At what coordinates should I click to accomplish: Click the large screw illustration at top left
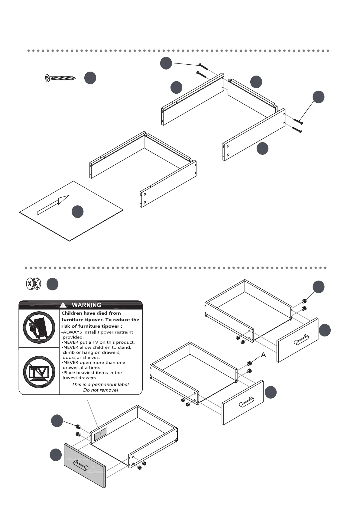pyautogui.click(x=60, y=78)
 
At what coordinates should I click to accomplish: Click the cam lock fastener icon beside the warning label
pyautogui.click(x=33, y=284)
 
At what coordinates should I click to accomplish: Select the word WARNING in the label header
pyautogui.click(x=86, y=305)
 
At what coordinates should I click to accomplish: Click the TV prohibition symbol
pyautogui.click(x=39, y=371)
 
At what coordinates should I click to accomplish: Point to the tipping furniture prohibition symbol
pyautogui.click(x=39, y=327)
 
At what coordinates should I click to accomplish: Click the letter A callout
pyautogui.click(x=263, y=355)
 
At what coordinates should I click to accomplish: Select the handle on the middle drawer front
pyautogui.click(x=247, y=402)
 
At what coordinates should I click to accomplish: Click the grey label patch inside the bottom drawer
pyautogui.click(x=100, y=434)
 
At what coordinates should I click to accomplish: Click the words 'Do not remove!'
pyautogui.click(x=101, y=390)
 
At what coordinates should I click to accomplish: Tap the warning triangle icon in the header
pyautogui.click(x=63, y=305)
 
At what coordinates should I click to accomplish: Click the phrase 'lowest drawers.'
pyautogui.click(x=80, y=378)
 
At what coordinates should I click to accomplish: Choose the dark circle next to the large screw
pyautogui.click(x=90, y=78)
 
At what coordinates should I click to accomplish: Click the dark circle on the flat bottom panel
pyautogui.click(x=77, y=212)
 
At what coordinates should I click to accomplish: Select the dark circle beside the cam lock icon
pyautogui.click(x=53, y=284)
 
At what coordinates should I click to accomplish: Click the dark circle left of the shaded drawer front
pyautogui.click(x=56, y=455)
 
